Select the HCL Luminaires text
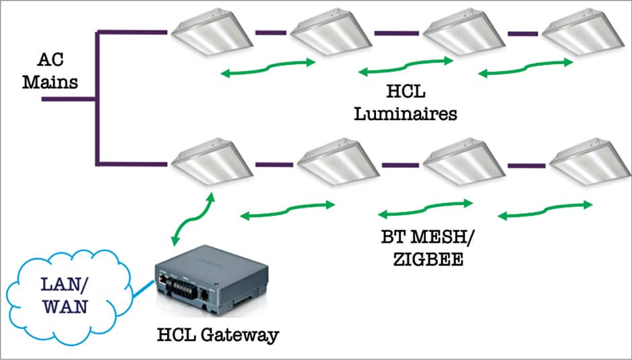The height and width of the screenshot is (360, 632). [x=405, y=102]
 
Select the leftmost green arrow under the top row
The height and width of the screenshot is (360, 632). [x=267, y=66]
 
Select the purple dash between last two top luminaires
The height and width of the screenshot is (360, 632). [x=522, y=32]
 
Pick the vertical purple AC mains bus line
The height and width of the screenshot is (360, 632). [x=98, y=98]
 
